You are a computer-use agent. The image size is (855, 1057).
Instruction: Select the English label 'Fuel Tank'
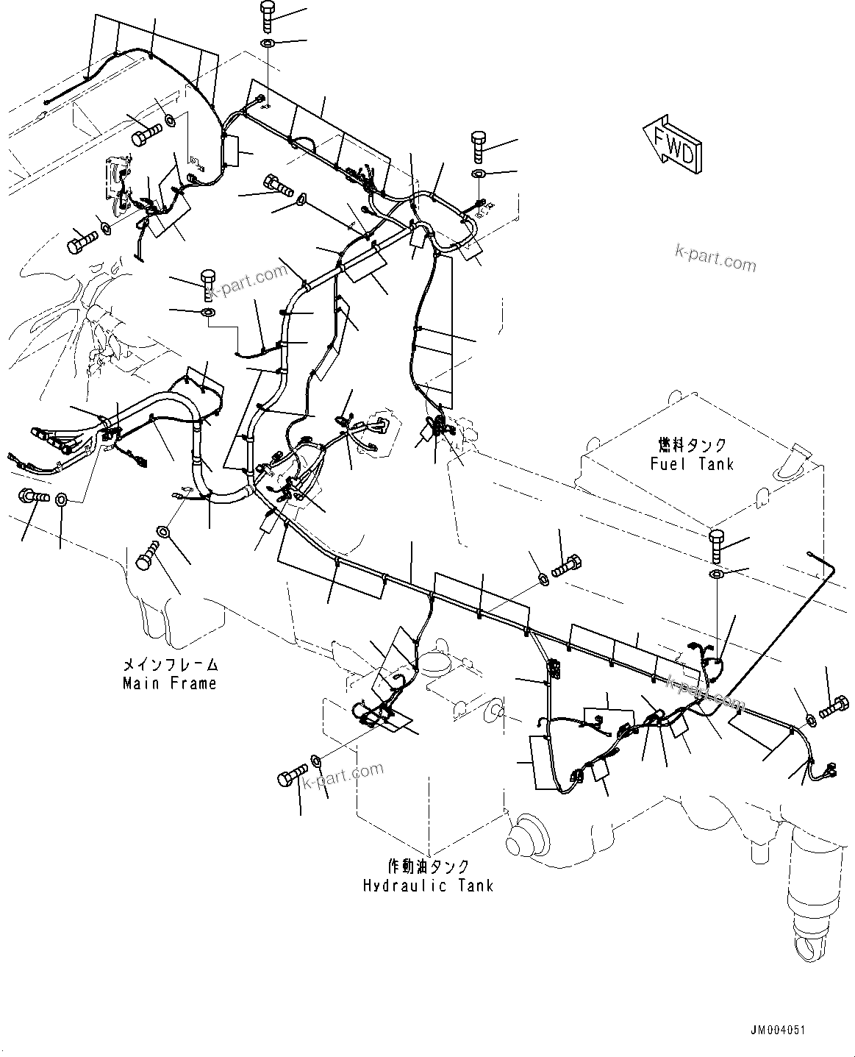coord(691,463)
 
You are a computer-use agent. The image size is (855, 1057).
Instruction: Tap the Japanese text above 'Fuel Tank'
coord(691,446)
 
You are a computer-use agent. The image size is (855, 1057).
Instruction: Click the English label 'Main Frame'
coord(170,683)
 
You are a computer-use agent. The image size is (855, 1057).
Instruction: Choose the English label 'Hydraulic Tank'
coord(428,886)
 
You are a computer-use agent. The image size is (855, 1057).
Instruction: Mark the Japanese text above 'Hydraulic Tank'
coord(428,867)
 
